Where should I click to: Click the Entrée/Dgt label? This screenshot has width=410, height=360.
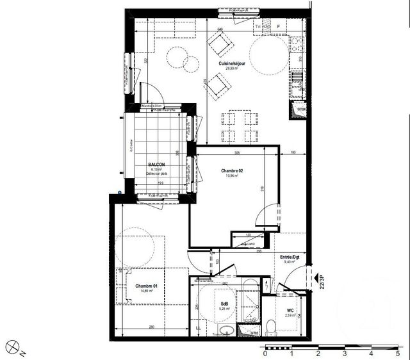pyautogui.click(x=292, y=256)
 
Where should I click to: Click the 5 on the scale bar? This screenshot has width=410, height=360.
pyautogui.click(x=398, y=353)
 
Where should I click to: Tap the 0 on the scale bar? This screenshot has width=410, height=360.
pyautogui.click(x=265, y=353)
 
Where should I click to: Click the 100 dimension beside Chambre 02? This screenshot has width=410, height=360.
pyautogui.click(x=292, y=153)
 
